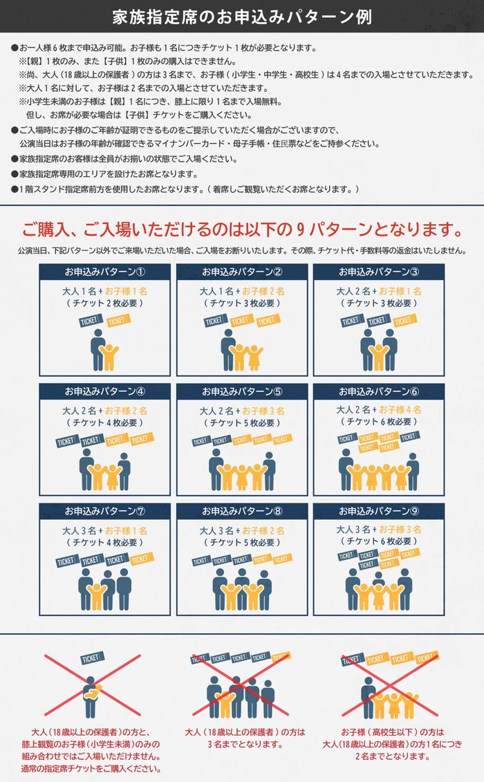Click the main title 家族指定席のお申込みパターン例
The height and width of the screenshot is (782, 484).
(x=242, y=17)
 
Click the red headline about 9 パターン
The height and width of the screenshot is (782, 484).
(x=243, y=230)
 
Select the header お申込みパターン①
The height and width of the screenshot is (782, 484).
(x=105, y=272)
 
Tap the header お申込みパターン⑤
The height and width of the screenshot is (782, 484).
(x=242, y=391)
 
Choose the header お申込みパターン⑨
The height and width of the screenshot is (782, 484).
(x=379, y=511)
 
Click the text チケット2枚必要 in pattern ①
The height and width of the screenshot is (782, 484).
(x=105, y=304)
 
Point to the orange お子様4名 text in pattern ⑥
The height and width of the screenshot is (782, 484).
(x=400, y=409)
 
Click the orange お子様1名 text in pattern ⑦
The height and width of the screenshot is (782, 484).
(x=126, y=530)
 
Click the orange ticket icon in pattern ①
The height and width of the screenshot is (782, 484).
(x=118, y=319)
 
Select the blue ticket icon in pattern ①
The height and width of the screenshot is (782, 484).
(x=91, y=321)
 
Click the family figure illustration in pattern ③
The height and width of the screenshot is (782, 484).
(x=379, y=350)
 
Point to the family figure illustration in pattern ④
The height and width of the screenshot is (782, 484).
(x=105, y=469)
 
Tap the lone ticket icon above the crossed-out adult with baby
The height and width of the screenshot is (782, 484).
(x=93, y=658)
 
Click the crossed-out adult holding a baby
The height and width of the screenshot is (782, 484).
(x=91, y=696)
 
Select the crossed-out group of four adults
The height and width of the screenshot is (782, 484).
(x=241, y=697)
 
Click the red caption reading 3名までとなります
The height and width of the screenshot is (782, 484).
(x=245, y=745)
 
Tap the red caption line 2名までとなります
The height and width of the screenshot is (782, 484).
(x=393, y=756)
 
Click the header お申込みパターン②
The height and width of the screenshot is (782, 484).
(x=242, y=272)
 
